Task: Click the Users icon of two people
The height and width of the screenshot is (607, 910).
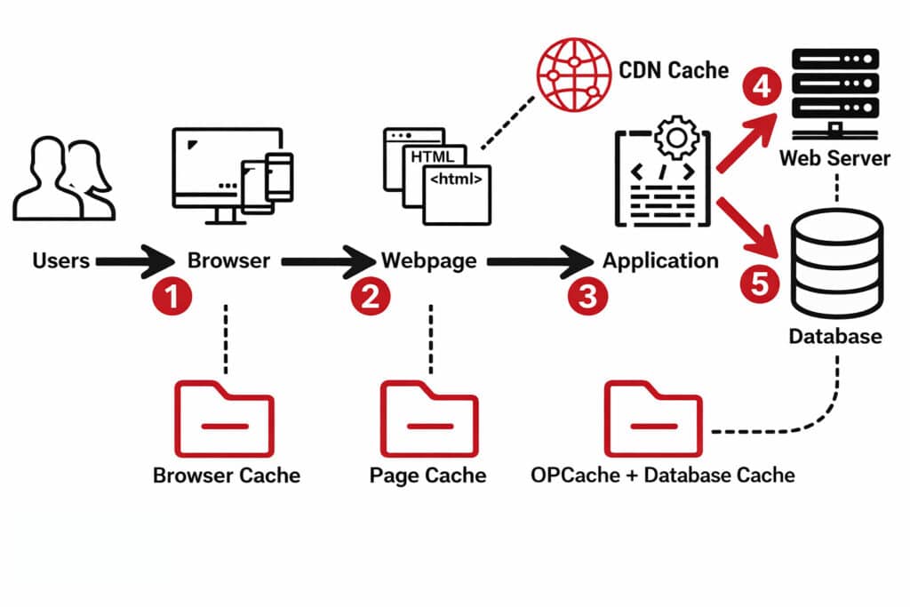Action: coord(63,178)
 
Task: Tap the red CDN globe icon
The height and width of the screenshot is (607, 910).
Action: coord(571,71)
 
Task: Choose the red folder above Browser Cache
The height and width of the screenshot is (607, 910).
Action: coord(226,419)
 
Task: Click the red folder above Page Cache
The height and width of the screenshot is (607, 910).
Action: coord(430,419)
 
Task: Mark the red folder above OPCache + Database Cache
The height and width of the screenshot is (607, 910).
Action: coord(654,419)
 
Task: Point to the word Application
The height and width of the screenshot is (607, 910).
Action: coord(660,260)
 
